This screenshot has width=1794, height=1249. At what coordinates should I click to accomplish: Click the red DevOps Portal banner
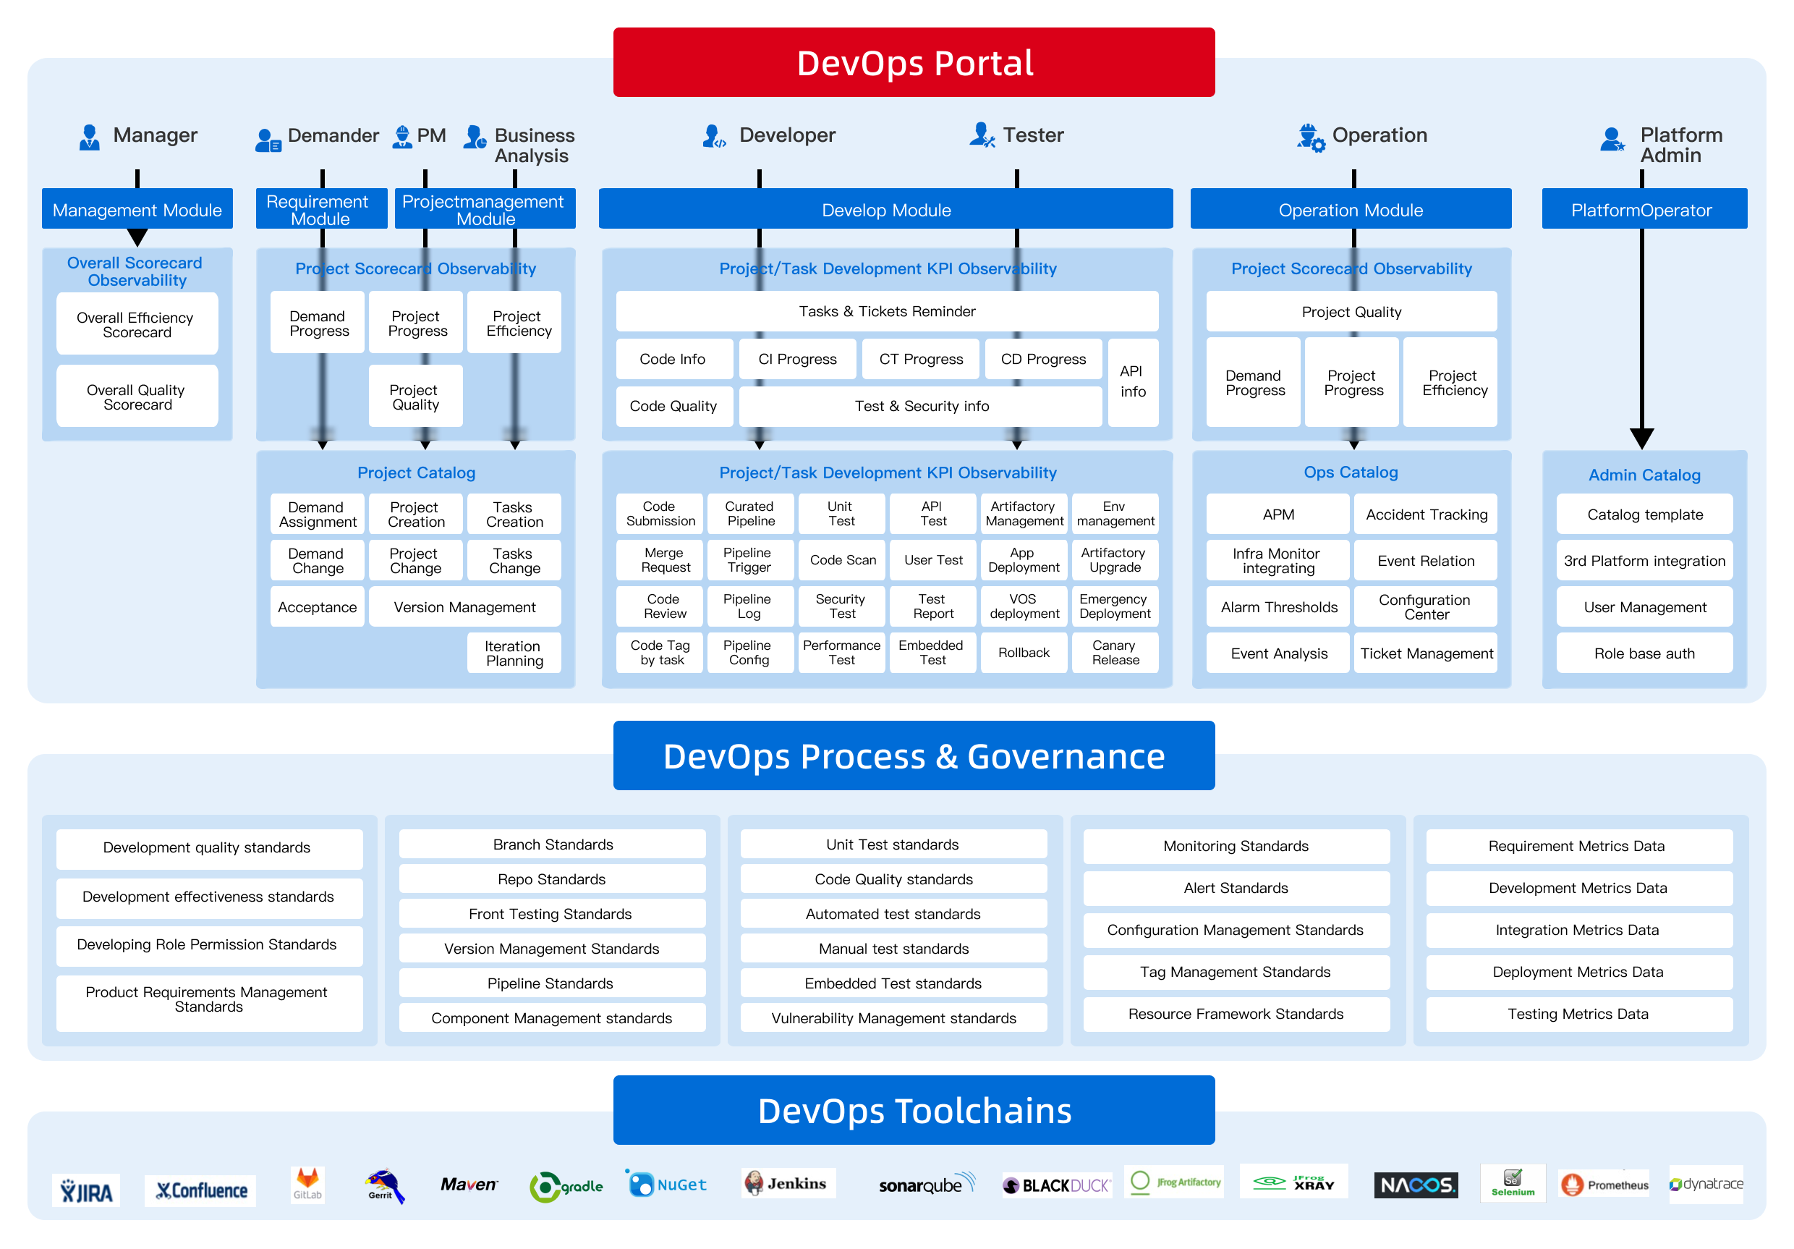914,62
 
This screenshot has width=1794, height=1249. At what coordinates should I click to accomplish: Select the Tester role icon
982,135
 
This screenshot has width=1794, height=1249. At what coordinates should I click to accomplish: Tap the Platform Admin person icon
1612,140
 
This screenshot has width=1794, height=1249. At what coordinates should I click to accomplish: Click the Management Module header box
137,209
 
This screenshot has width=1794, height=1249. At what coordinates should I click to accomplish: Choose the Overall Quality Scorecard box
137,397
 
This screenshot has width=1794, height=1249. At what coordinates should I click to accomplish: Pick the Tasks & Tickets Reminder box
887,311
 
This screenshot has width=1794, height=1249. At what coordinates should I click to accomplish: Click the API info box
1132,381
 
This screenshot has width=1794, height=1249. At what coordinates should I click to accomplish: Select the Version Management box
464,606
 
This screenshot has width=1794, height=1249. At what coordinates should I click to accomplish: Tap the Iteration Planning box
514,653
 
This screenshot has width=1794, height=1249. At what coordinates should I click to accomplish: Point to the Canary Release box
1115,652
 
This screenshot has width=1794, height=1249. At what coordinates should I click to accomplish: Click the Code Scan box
842,559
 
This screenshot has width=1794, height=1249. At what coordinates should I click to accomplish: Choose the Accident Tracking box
1426,515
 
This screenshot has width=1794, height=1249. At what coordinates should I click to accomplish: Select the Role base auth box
1644,653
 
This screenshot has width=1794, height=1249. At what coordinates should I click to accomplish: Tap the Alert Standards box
1236,888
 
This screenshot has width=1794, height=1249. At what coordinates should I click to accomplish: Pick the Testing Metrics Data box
1578,1014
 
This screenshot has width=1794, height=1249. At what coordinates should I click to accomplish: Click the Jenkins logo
787,1183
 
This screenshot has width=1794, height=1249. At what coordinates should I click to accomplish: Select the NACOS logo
1415,1185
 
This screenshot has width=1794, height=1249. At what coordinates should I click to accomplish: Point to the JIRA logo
86,1190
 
